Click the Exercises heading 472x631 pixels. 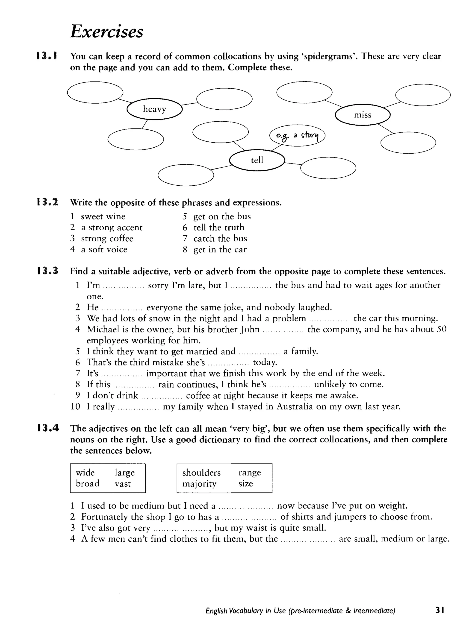click(106, 31)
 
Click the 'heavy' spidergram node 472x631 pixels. click(154, 109)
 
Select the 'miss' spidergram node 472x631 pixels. click(362, 115)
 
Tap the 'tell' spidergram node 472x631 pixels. click(257, 160)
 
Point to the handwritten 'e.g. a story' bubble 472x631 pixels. click(297, 135)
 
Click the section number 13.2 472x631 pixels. click(48, 202)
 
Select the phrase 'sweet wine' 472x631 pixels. click(103, 216)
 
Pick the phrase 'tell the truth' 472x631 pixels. click(219, 227)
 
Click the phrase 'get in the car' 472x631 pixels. click(220, 249)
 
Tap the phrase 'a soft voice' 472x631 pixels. click(104, 249)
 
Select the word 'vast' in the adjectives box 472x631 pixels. click(123, 484)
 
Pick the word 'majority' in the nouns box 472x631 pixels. click(199, 484)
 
